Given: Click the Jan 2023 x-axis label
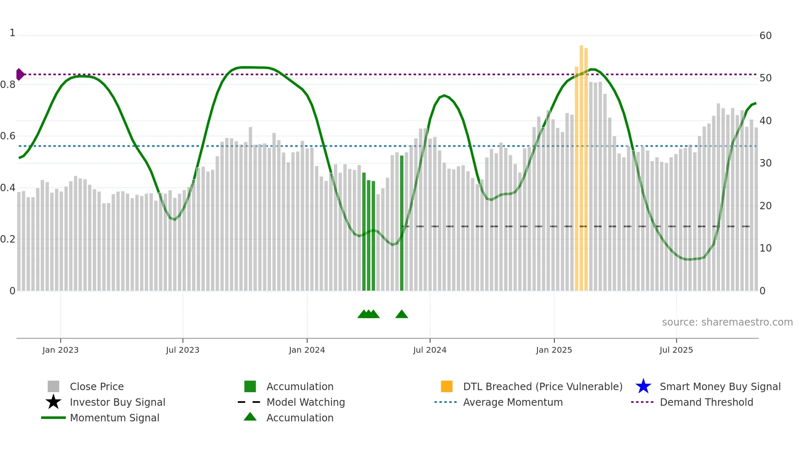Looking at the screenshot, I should click(60, 350).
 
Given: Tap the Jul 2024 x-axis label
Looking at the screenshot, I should click(430, 350).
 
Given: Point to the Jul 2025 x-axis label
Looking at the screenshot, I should click(676, 350).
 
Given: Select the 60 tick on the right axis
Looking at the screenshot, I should click(765, 36).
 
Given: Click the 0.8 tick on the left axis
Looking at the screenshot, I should click(8, 85).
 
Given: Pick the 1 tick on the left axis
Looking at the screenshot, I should click(12, 33).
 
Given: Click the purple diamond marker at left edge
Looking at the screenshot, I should click(20, 74).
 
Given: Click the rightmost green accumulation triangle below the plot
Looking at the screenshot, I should click(401, 314).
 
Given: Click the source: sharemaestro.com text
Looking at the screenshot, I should click(727, 322).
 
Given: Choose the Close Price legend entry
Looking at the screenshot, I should click(97, 386).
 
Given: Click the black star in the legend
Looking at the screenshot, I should click(53, 402).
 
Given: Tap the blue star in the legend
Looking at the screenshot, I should click(643, 386).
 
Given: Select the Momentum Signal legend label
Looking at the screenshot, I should click(114, 418).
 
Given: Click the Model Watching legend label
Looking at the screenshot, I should click(306, 402).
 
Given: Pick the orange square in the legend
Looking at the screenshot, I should click(447, 386).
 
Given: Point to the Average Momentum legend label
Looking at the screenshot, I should click(513, 402).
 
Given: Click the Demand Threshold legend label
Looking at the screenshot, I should click(706, 402).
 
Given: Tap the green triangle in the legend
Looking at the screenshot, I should click(250, 417).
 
